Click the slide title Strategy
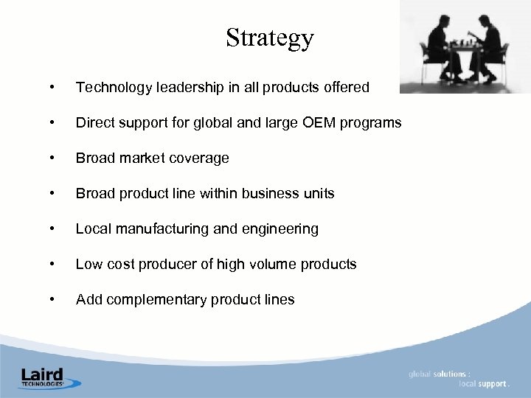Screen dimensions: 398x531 coord(270,38)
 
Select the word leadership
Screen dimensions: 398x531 coord(181,88)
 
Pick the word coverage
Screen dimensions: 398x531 coord(200,158)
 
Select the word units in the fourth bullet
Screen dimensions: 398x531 coord(317,194)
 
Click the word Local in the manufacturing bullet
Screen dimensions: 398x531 coord(93,229)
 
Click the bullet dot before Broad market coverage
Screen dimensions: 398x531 coord(50,158)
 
